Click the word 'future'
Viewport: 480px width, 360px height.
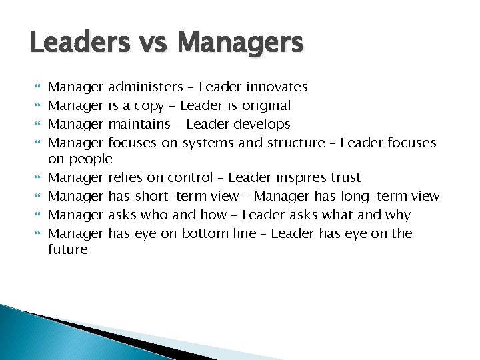tap(68, 250)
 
